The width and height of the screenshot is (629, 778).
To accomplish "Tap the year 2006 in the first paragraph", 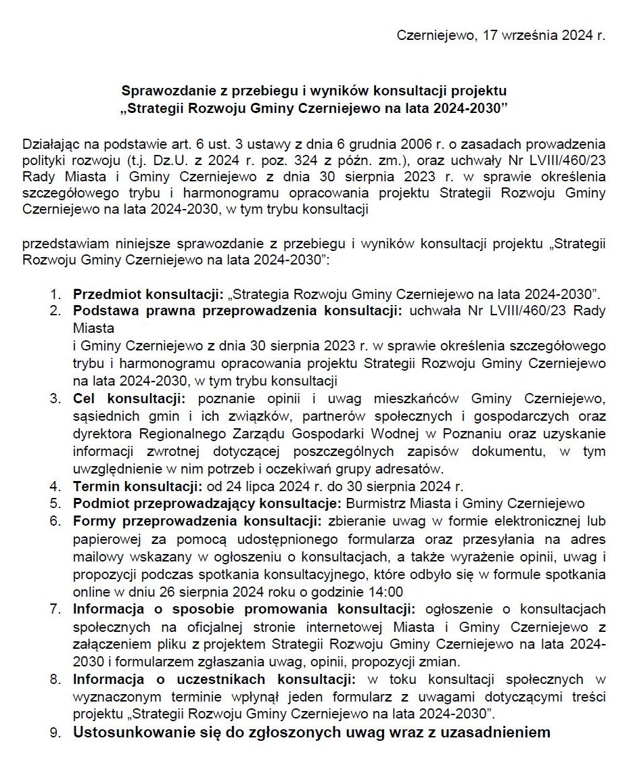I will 401,144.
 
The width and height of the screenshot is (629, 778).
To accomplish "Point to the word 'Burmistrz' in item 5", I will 372,503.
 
